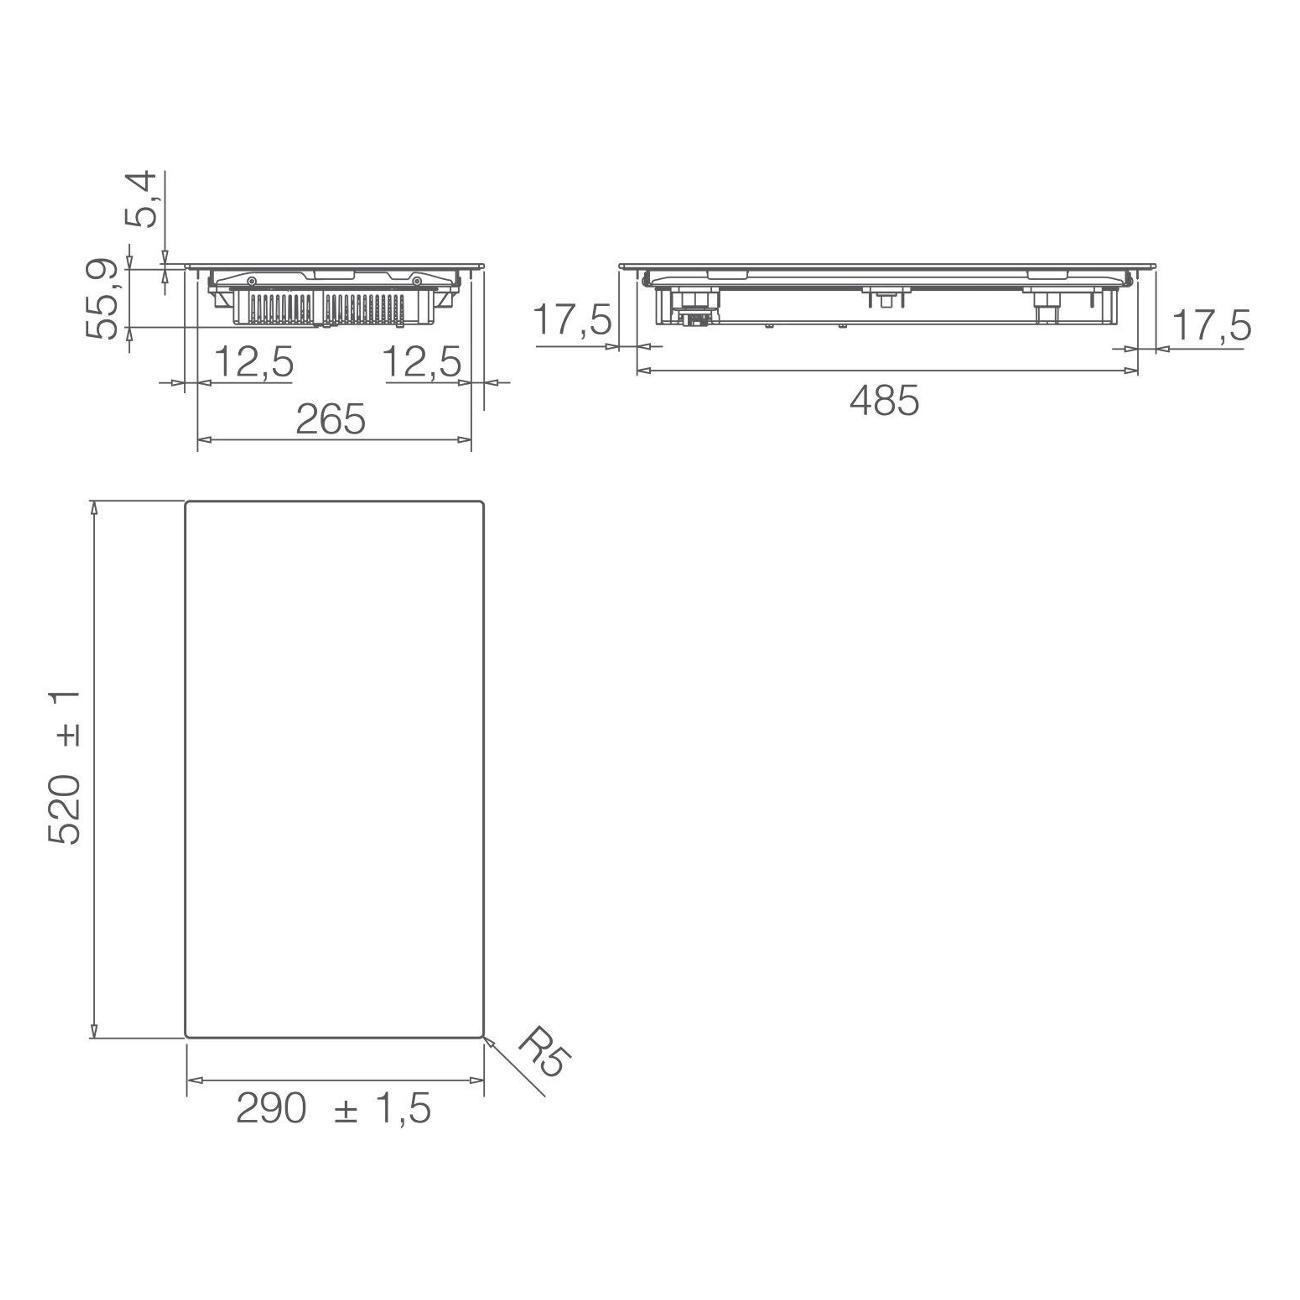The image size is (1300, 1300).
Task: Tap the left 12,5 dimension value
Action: point(254,362)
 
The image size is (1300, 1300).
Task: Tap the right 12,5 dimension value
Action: point(422,362)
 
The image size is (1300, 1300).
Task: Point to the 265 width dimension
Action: point(331,419)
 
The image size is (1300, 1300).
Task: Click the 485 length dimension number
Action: point(884,402)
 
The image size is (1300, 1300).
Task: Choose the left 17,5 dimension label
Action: point(573,320)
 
